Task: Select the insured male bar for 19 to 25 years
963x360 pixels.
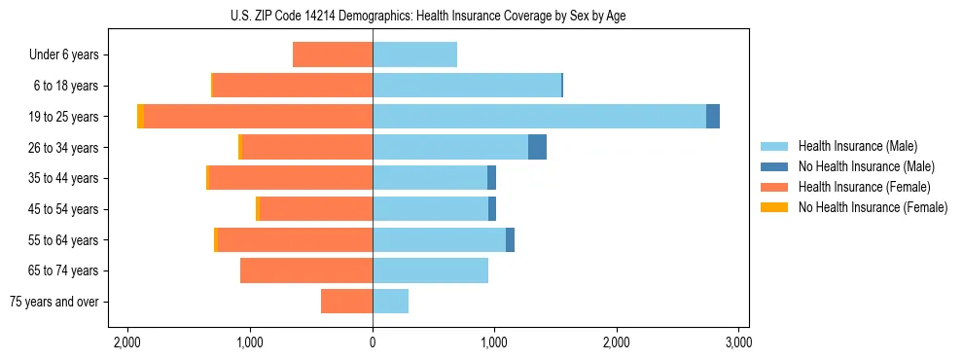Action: (539, 116)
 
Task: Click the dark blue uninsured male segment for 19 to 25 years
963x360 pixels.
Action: (713, 116)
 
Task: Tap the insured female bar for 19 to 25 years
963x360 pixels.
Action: (258, 116)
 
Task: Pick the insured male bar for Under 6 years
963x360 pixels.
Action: (414, 54)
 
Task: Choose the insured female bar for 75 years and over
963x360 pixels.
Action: (346, 302)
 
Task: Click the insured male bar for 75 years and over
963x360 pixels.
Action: (390, 302)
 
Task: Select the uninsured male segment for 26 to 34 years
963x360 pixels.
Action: (537, 147)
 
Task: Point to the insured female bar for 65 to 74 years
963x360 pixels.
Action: (305, 270)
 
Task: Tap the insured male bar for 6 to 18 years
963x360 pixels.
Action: (467, 86)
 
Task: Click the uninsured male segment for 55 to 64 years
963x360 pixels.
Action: (510, 239)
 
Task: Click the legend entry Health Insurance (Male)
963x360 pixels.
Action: (857, 146)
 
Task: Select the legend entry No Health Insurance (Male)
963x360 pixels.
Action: (866, 166)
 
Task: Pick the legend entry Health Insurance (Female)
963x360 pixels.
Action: (864, 187)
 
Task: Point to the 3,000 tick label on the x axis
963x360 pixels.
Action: (738, 342)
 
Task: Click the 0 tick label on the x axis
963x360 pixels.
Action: (373, 342)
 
